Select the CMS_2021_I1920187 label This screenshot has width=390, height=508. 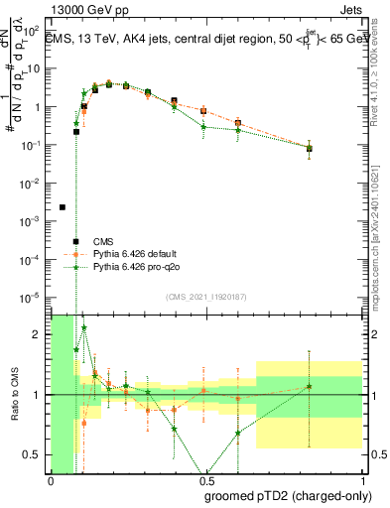(206, 297)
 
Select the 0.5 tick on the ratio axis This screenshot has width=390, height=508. (36, 454)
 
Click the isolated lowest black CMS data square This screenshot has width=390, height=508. (63, 207)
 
